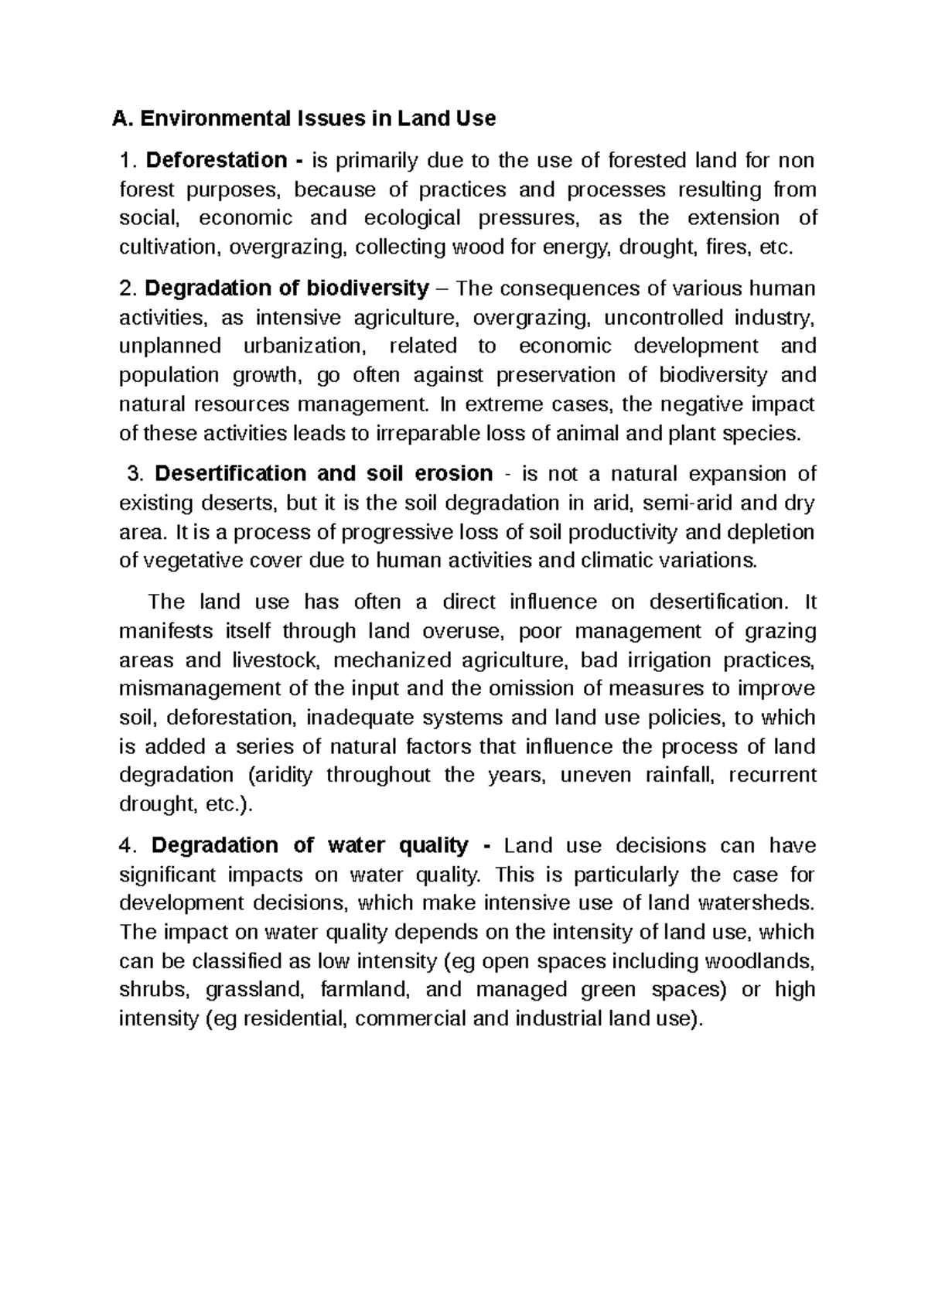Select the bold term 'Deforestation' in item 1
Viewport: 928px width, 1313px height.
pyautogui.click(x=216, y=161)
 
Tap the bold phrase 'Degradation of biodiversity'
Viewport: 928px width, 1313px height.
pyautogui.click(x=287, y=288)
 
